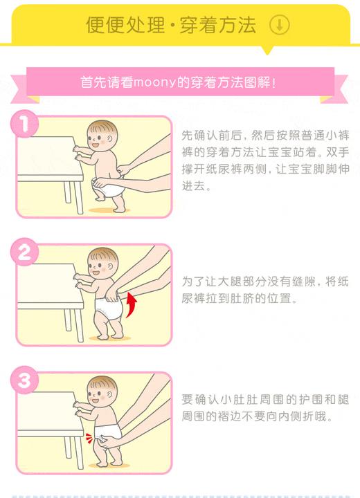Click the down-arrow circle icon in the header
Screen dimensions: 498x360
coord(279,26)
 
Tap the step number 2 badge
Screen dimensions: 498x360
coord(25,253)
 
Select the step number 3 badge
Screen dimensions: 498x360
coord(25,381)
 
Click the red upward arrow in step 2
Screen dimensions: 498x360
coord(131,304)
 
